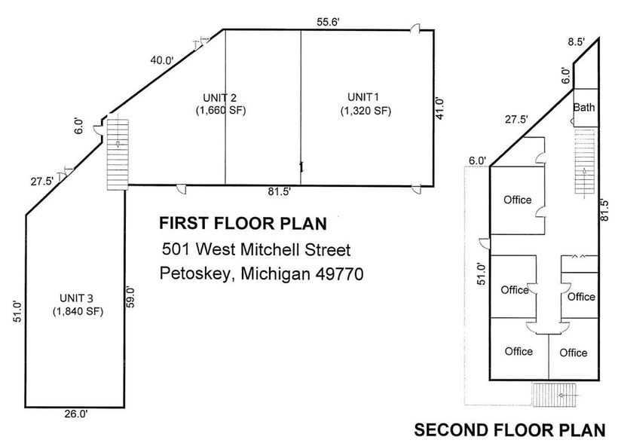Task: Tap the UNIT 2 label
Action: coord(220,97)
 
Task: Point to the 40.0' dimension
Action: coord(161,60)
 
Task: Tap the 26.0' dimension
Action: coord(75,414)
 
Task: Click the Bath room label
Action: coord(584,107)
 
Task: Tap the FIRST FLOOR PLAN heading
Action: coord(242,224)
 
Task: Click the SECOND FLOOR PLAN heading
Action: coord(509,430)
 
